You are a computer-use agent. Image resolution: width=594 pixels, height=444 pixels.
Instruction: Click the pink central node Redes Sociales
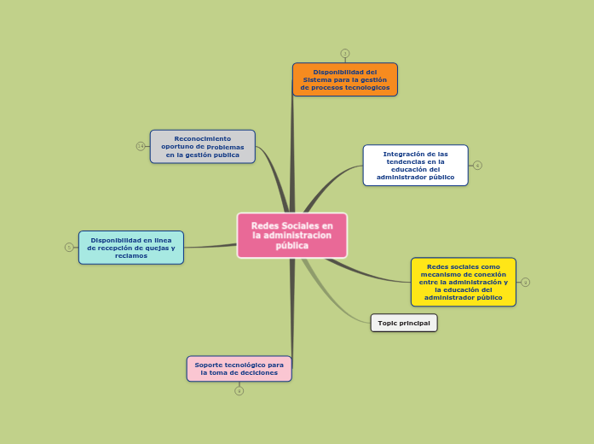(x=292, y=235)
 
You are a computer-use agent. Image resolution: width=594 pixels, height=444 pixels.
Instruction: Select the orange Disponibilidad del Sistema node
(x=344, y=79)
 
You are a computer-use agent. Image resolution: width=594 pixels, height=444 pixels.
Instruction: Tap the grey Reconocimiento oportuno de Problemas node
(x=202, y=146)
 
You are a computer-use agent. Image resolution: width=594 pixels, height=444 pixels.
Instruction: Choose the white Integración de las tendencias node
(x=415, y=165)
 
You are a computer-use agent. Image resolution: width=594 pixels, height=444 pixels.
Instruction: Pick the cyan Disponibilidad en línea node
(x=130, y=248)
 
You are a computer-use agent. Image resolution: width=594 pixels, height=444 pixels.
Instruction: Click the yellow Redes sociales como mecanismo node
(x=463, y=282)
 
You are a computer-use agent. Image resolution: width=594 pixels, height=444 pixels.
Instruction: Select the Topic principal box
(x=404, y=323)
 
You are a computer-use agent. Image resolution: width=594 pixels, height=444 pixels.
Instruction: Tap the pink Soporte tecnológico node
(x=239, y=369)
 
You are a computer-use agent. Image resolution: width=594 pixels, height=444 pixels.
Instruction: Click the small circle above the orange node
(x=345, y=53)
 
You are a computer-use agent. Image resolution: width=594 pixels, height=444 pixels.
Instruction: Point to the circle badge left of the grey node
(x=141, y=146)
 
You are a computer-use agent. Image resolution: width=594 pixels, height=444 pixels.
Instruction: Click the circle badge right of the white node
(x=477, y=165)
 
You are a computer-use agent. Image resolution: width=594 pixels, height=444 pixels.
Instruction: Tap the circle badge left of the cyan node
(x=69, y=247)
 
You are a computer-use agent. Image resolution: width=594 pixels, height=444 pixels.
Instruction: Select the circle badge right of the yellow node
(x=526, y=282)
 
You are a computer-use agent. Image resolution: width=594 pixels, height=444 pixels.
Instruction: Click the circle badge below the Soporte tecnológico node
(x=239, y=391)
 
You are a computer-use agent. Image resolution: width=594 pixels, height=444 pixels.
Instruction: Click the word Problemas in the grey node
(x=226, y=147)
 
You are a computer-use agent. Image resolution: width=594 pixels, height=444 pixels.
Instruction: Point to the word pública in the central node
(x=292, y=246)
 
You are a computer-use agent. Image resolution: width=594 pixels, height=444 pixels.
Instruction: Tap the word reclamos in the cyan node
(x=131, y=255)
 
